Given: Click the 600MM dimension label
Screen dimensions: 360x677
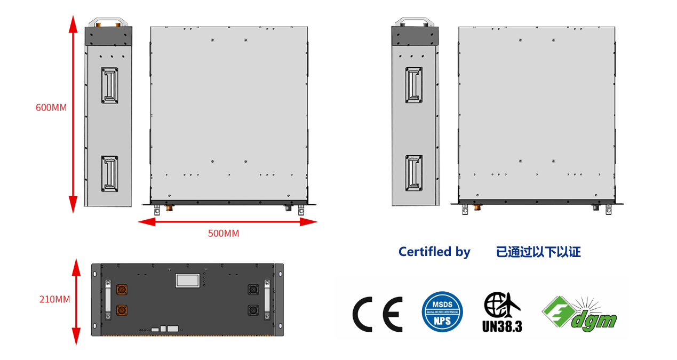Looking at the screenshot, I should point(51,107).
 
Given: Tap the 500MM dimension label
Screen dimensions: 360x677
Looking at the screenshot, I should point(224,233).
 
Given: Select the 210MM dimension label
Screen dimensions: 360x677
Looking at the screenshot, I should point(55,299).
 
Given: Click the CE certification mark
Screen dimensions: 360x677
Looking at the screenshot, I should point(377,314).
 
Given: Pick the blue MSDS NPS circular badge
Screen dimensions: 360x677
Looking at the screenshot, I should point(442,312).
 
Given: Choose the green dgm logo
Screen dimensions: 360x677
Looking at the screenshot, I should point(579,313).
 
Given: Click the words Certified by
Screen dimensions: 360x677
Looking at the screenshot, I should point(434,252).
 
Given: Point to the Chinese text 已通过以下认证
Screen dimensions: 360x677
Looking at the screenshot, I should point(538,252).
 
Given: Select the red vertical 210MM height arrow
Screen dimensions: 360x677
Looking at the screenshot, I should point(76,301).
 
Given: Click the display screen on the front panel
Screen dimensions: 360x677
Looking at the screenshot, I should point(188,281).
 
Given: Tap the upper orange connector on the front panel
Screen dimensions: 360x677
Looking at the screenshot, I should point(122,290).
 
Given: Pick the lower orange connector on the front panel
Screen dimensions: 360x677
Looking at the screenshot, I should point(122,309).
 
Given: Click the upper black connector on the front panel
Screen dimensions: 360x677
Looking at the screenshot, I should point(252,290).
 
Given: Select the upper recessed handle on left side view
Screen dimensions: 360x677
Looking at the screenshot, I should point(109,85).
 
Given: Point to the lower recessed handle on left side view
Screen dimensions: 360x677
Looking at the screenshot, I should point(109,173).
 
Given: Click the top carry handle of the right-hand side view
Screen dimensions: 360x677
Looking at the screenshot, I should point(416,22).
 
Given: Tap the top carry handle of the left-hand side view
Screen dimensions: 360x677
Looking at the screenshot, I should point(109,21).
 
